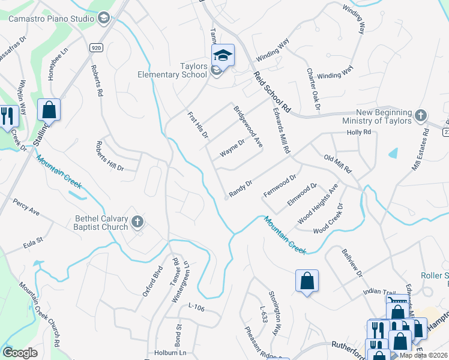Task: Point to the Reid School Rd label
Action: (271, 92)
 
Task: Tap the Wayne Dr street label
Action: (232, 149)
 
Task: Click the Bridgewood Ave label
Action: (248, 127)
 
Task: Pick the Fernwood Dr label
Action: (280, 186)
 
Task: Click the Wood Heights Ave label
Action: (318, 204)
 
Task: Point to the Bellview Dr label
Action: (352, 264)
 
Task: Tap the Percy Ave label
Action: (26, 208)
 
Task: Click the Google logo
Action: (20, 352)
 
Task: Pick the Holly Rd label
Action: (359, 132)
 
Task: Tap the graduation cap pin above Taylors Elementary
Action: (222, 56)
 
